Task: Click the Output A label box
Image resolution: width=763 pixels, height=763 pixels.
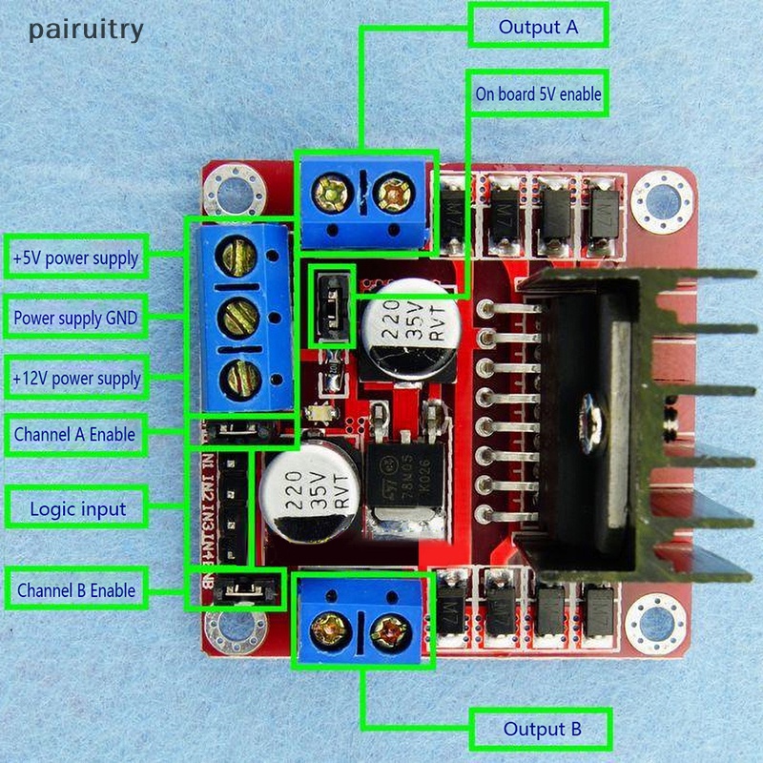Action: [538, 27]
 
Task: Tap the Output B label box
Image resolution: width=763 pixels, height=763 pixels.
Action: [541, 731]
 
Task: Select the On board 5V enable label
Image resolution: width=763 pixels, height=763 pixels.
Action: [538, 94]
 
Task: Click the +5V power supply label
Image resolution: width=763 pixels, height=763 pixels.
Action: [75, 258]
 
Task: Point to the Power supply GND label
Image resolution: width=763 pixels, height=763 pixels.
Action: [75, 318]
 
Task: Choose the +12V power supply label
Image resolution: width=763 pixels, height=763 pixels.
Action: [75, 379]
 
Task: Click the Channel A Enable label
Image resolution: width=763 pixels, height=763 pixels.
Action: [73, 436]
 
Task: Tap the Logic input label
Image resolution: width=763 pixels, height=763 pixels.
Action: [77, 508]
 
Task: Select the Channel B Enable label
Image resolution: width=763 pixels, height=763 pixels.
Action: [76, 590]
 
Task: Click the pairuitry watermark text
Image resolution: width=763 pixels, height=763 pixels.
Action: [86, 30]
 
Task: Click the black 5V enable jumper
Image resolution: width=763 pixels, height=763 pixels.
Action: [330, 307]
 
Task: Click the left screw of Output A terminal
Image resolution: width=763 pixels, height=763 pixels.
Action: [333, 196]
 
